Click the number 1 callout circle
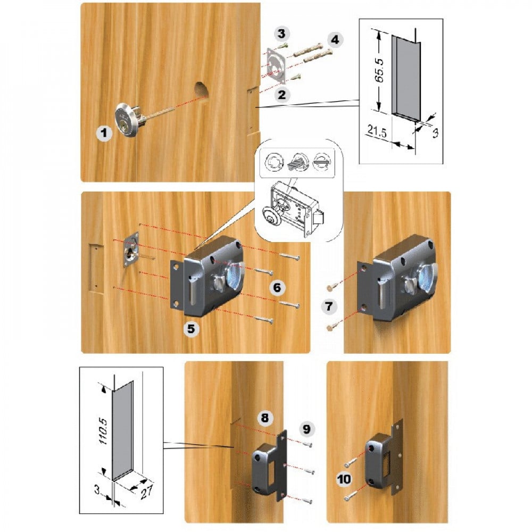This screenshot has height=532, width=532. point(104,132)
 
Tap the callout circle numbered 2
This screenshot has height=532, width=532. point(282,95)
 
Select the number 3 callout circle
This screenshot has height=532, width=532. point(281,34)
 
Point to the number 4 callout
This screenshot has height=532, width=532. point(335,40)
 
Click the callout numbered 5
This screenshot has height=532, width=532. point(192,329)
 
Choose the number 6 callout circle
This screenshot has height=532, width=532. point(277,288)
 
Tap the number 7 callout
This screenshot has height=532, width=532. point(329,307)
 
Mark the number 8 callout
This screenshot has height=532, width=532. point(265,418)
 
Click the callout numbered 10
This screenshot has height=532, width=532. point(344,479)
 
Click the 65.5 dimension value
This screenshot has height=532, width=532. point(380,71)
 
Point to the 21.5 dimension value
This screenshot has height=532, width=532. point(377,131)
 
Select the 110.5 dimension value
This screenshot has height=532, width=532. point(103,431)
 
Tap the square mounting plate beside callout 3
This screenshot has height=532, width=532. point(276,65)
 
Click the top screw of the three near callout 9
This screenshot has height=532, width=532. point(307,444)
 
